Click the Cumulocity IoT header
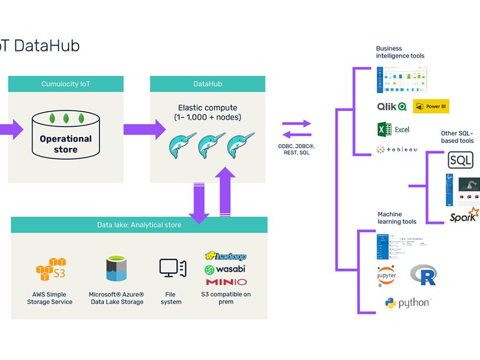[x=65, y=84]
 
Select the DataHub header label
[x=207, y=84]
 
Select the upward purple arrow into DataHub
[x=225, y=191]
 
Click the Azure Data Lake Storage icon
[x=116, y=269]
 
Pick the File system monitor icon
[x=169, y=268]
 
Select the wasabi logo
[x=225, y=269]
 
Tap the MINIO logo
[x=226, y=282]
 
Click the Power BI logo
[x=431, y=106]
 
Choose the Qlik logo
[x=392, y=106]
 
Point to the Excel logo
[x=393, y=129]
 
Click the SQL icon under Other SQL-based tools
[x=460, y=160]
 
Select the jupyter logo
[x=387, y=275]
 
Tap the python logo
[x=408, y=303]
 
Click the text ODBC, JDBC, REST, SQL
[x=297, y=149]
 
